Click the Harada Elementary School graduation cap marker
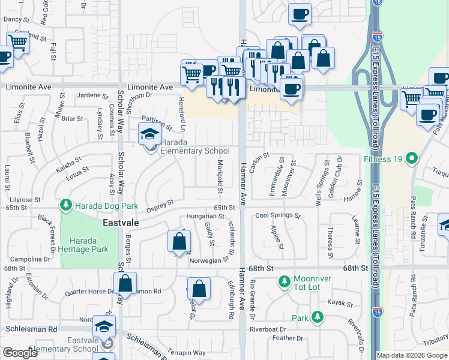click(148, 134)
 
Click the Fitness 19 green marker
click(411, 160)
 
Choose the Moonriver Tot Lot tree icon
click(285, 280)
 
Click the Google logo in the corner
click(20, 353)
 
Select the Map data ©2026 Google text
click(412, 355)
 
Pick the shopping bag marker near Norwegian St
click(179, 242)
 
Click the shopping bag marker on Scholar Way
click(125, 283)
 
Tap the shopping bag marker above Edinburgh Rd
click(199, 289)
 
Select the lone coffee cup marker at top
click(300, 14)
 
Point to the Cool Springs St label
click(278, 215)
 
